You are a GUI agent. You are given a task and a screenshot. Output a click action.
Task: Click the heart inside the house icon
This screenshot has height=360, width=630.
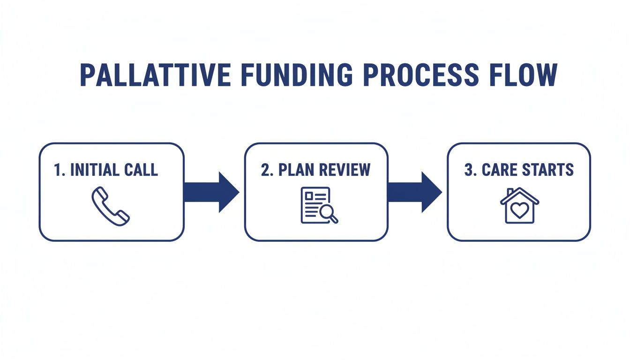[519, 210]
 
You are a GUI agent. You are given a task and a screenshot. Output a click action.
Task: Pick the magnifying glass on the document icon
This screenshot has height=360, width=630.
[328, 214]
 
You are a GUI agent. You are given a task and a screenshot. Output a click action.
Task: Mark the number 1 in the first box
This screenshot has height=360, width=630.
[58, 170]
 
